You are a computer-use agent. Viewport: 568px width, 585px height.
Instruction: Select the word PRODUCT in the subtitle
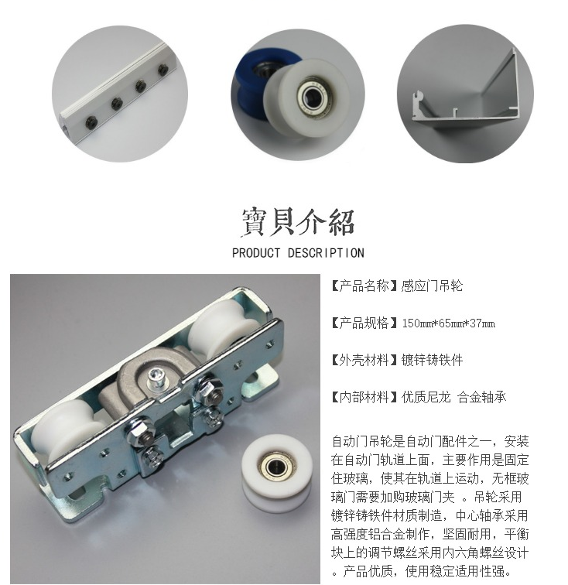point(256,253)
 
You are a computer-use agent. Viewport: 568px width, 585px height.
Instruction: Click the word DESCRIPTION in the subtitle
point(326,253)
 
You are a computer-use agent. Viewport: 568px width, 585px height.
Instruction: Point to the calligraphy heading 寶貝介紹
point(297,222)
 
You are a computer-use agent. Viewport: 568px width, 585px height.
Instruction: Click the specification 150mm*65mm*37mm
point(449,323)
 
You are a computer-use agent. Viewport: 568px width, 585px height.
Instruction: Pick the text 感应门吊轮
point(432,286)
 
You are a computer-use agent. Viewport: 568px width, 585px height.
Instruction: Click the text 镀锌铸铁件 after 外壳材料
point(432,360)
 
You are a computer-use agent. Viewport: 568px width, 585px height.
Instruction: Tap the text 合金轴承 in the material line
point(482,397)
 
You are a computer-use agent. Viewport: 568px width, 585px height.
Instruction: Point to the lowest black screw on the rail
point(91,121)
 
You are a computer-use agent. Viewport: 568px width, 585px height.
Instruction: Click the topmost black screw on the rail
point(163,70)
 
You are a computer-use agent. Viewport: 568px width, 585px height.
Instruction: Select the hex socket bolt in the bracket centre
point(155,378)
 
